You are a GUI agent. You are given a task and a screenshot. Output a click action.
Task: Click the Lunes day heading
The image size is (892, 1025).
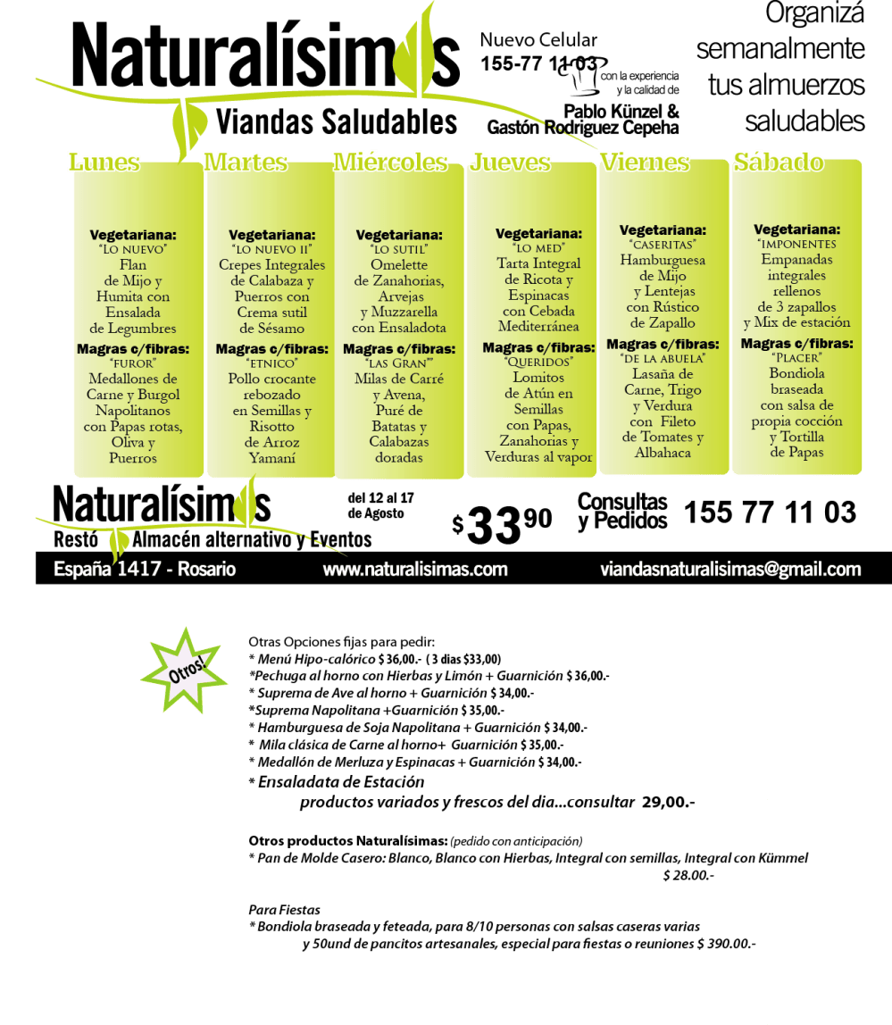click(104, 162)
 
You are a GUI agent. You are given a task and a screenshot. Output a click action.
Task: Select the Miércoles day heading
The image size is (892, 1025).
click(390, 162)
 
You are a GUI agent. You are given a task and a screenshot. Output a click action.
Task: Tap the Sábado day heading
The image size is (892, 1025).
click(778, 162)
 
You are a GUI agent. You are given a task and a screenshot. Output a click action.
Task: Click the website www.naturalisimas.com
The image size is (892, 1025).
click(415, 570)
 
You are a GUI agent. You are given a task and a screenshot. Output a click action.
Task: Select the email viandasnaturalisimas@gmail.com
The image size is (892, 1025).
click(730, 570)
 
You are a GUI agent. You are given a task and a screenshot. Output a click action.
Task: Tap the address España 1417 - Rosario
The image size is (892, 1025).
click(145, 570)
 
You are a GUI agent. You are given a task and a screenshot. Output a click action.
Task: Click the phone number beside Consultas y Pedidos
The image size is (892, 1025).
click(770, 512)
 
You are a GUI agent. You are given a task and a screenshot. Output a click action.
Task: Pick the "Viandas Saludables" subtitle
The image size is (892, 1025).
click(336, 122)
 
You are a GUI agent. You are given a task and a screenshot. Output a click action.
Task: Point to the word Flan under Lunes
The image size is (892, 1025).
click(132, 265)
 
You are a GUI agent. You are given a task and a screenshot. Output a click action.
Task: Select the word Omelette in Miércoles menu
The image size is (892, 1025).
click(399, 265)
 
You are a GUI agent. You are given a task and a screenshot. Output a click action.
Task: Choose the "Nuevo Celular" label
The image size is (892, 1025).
click(538, 39)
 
